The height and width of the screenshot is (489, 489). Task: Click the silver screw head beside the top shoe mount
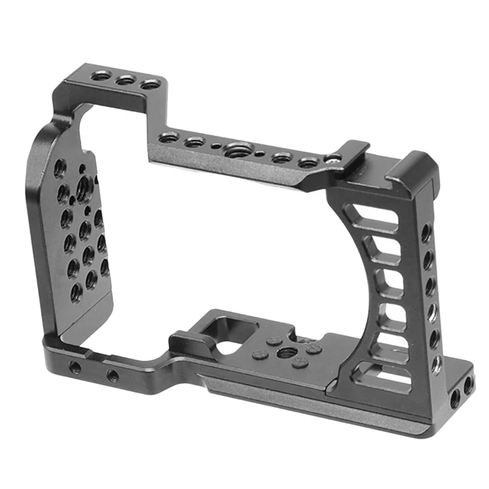[x=333, y=159]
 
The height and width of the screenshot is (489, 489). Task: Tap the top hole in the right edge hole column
[x=426, y=233]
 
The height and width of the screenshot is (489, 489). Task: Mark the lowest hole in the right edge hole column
[x=437, y=365]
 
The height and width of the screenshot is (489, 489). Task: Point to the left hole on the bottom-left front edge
[x=75, y=367]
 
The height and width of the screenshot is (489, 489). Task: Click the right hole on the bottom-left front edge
[x=112, y=375]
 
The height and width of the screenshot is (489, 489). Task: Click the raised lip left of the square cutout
[x=186, y=337]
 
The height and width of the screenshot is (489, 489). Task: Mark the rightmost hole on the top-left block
[x=150, y=84]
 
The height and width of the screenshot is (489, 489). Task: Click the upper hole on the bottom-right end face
[x=468, y=385]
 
